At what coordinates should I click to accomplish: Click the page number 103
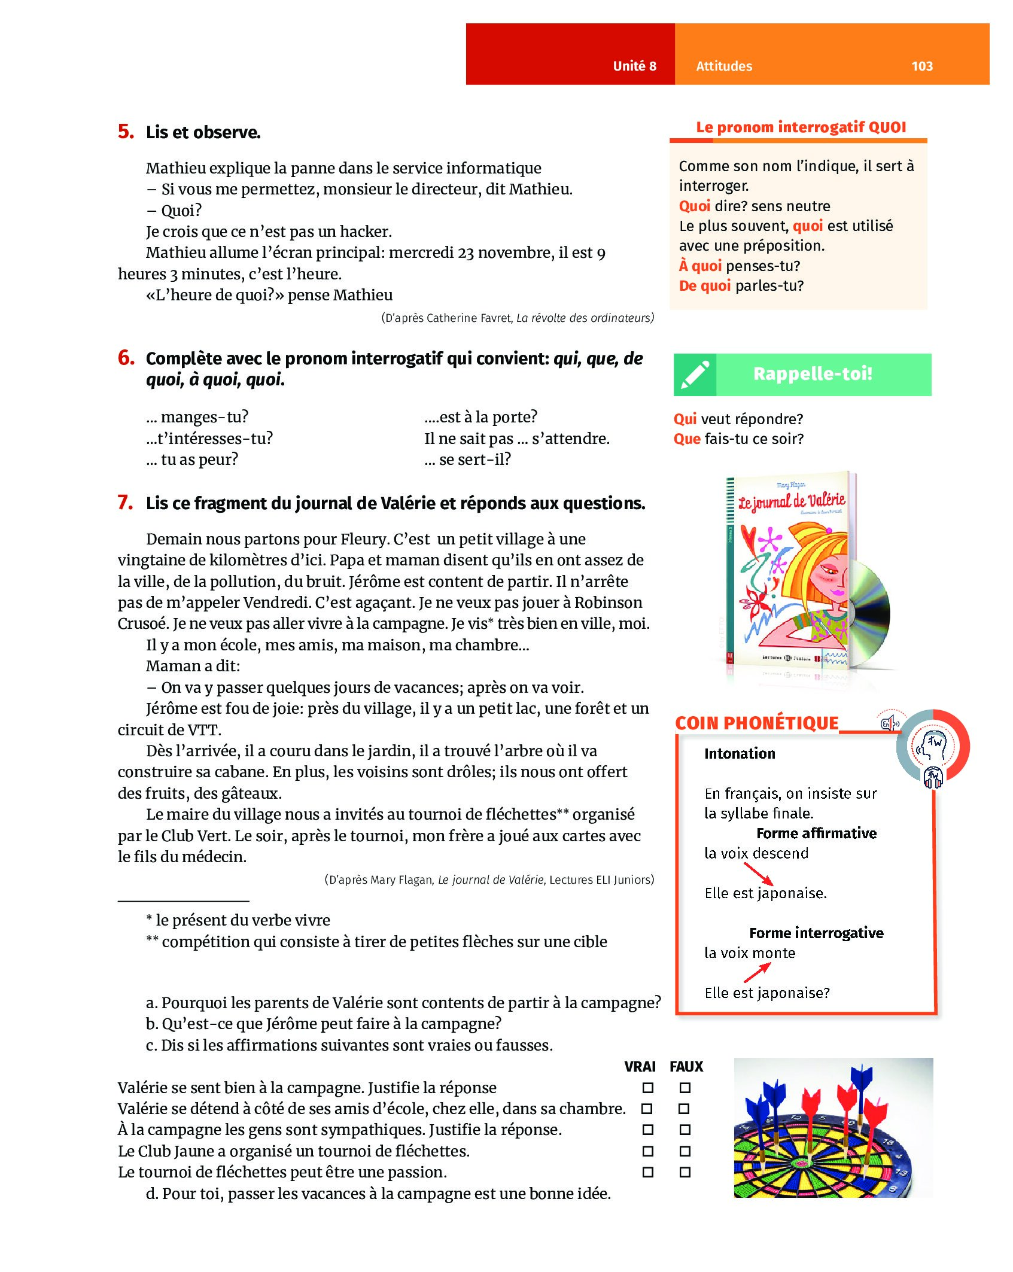(921, 66)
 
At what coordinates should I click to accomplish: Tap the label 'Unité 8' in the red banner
(634, 66)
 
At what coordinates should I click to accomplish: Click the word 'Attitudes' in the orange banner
(723, 66)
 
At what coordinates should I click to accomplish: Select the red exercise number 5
(126, 132)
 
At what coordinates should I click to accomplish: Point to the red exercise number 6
(126, 358)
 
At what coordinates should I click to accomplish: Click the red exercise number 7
(125, 503)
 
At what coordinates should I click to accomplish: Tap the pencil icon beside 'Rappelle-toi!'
(695, 375)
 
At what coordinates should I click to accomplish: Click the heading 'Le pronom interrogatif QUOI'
(801, 127)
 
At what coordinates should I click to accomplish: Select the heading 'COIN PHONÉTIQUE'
(756, 723)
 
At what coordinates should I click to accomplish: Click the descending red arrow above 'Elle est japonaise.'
(758, 874)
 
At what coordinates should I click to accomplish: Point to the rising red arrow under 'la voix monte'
(757, 973)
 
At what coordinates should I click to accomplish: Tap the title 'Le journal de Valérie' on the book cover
(791, 501)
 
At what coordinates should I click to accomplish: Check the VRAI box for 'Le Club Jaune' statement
(648, 1151)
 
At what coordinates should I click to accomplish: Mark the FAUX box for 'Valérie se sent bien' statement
(685, 1087)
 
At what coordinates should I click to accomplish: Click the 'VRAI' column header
(640, 1066)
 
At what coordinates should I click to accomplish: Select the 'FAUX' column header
(686, 1066)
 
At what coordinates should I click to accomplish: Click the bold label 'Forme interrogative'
(816, 933)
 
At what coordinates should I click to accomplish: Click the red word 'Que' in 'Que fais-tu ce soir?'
(687, 439)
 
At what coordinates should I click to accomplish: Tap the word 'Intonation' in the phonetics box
(740, 753)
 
